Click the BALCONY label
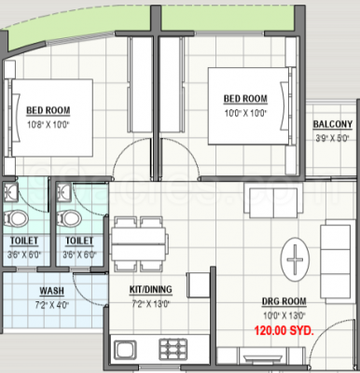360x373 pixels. pyautogui.click(x=332, y=125)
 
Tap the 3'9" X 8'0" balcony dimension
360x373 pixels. pyautogui.click(x=332, y=136)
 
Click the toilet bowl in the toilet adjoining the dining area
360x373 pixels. pyautogui.click(x=67, y=216)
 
